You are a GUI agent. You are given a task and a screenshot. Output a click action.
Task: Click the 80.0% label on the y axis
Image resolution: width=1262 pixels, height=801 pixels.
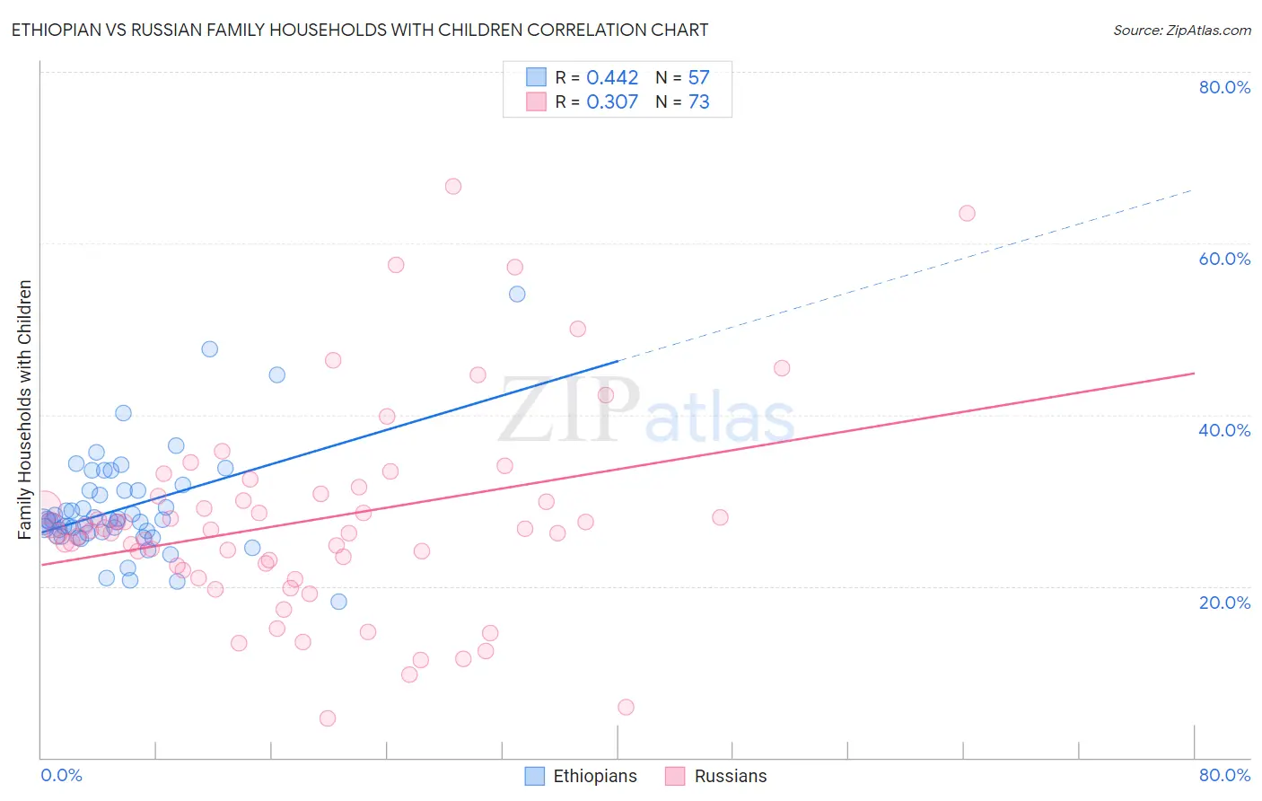[1224, 87]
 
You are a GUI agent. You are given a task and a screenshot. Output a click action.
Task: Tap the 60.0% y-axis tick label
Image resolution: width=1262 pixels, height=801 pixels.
[1224, 259]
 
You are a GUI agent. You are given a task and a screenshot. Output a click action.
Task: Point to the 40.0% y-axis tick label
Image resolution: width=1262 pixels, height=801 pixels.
[1224, 430]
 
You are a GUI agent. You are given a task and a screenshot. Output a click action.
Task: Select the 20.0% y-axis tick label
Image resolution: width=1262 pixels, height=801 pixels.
[1224, 603]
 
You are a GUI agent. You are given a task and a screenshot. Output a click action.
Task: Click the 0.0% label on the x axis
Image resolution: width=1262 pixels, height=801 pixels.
[61, 775]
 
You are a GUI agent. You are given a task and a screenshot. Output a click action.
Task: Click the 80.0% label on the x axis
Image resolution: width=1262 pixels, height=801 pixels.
[1224, 775]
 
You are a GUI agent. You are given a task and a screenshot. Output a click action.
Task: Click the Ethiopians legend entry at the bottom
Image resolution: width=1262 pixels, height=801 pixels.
[594, 776]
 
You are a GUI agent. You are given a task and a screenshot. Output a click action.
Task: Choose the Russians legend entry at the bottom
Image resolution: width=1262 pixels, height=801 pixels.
[730, 776]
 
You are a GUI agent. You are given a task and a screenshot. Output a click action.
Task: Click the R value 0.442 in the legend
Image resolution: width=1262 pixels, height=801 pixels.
[612, 78]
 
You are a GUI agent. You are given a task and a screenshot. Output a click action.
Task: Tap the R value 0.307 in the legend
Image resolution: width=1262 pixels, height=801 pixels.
[612, 102]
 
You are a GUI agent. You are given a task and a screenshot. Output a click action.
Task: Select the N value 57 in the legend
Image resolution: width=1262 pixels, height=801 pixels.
[698, 78]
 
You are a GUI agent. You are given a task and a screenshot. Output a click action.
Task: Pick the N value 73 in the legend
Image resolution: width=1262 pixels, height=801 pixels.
[698, 102]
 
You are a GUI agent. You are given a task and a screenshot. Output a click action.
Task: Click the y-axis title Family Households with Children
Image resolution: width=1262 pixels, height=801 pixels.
[25, 409]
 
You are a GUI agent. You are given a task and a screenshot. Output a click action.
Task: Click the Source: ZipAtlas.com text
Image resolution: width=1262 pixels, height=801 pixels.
[1181, 31]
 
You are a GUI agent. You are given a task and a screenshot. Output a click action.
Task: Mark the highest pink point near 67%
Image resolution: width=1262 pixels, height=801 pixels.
[453, 187]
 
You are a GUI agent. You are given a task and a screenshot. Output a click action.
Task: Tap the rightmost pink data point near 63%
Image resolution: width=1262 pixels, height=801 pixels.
[967, 214]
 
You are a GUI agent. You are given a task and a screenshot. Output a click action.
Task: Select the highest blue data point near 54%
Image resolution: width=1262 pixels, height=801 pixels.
[517, 295]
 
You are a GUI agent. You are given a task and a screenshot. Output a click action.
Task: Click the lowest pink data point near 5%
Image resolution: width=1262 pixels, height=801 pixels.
[328, 718]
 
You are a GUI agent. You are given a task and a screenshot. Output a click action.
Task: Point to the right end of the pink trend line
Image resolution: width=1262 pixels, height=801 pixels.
[1194, 373]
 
